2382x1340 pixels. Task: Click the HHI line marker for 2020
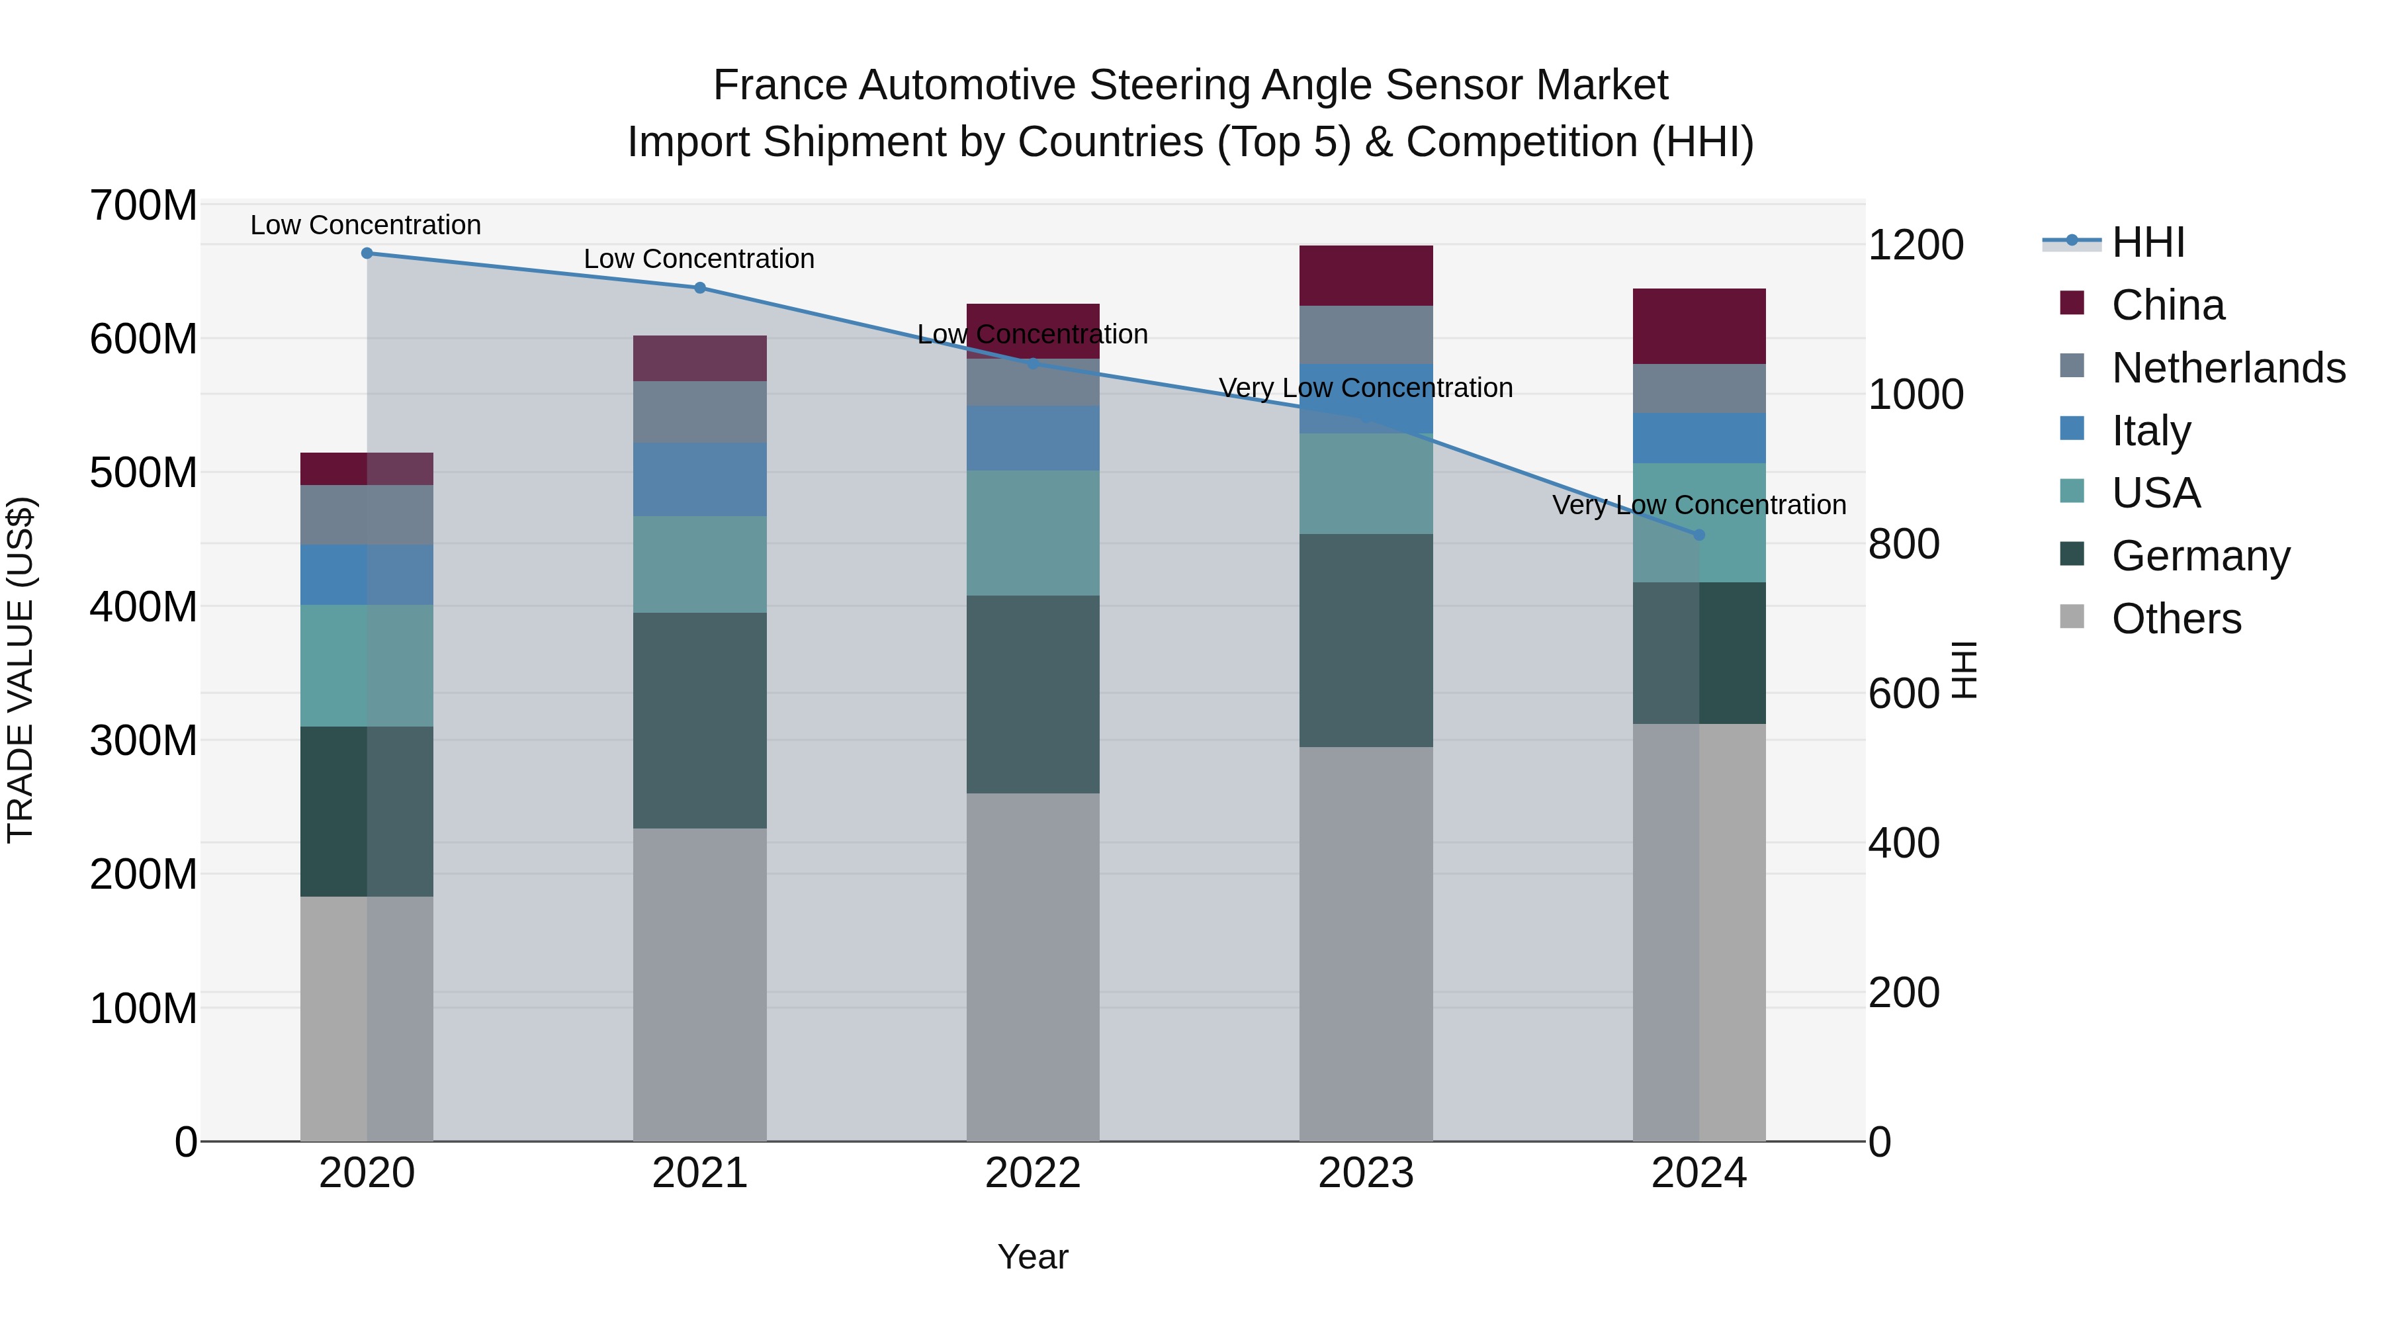point(367,253)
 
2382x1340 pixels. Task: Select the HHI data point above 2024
point(1698,535)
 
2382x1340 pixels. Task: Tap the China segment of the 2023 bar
point(1366,275)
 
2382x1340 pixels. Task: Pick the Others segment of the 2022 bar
point(1033,966)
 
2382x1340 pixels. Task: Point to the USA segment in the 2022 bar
point(1033,533)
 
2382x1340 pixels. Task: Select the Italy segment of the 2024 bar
point(1698,437)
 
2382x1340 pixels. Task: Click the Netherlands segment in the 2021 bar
point(700,412)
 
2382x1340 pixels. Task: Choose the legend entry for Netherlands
point(2228,367)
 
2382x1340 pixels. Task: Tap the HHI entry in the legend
point(2147,242)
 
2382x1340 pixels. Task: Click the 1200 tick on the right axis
point(1916,245)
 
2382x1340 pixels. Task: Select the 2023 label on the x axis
point(1366,1173)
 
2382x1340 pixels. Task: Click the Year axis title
point(1033,1257)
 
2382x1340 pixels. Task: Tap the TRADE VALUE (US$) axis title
point(21,670)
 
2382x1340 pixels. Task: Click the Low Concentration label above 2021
point(699,259)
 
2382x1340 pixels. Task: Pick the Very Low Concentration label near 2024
point(1698,505)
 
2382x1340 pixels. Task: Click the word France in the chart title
point(781,85)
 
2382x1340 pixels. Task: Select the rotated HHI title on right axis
point(1964,670)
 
